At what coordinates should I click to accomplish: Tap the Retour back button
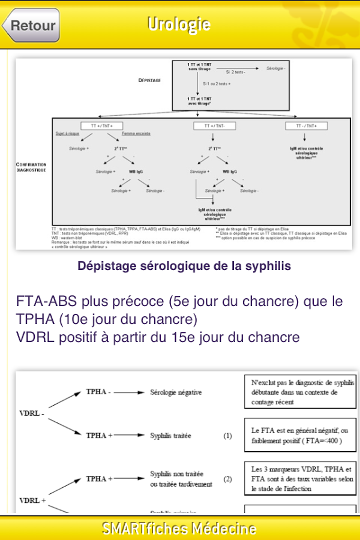pyautogui.click(x=31, y=25)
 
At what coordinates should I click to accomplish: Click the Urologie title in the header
pyautogui.click(x=179, y=24)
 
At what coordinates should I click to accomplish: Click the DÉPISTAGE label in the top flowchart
pyautogui.click(x=150, y=79)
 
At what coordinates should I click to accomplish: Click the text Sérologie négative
pyautogui.click(x=176, y=392)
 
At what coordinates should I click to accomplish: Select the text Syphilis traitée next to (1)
pyautogui.click(x=170, y=436)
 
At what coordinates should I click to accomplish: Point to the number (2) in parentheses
pyautogui.click(x=227, y=479)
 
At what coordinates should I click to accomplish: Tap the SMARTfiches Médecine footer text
pyautogui.click(x=179, y=529)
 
